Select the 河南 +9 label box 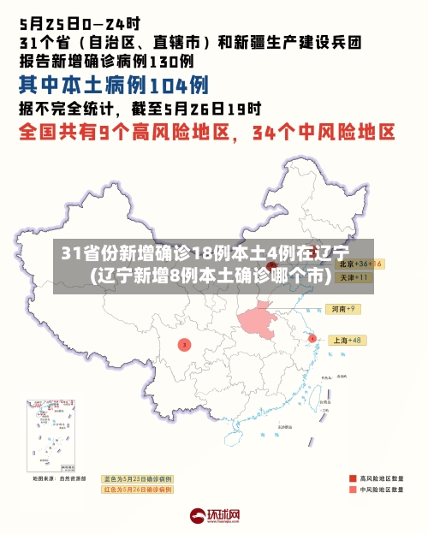point(343,308)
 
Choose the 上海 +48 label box point(347,340)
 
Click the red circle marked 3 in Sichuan point(184,344)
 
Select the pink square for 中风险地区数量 point(353,490)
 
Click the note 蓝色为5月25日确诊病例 point(137,478)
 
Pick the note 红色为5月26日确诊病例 point(137,489)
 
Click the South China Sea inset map point(52,437)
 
